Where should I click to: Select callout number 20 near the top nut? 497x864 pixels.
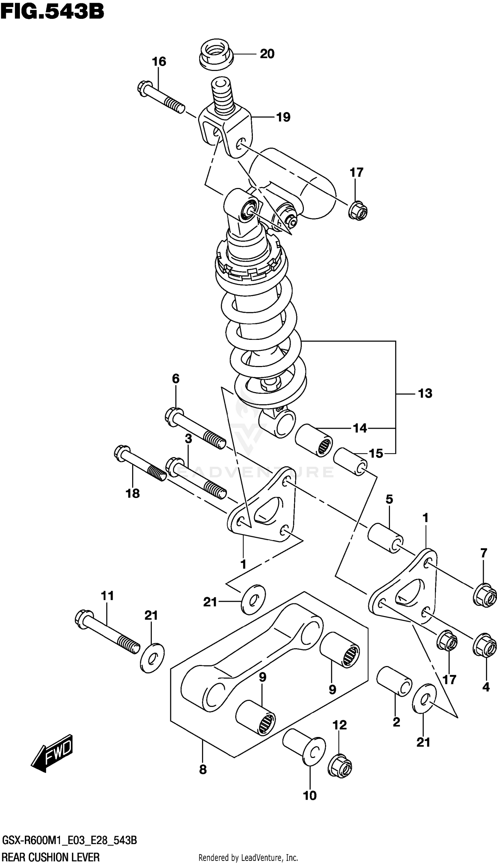(x=267, y=54)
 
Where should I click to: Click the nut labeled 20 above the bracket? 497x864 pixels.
(x=216, y=55)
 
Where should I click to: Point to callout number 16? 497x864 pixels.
(x=159, y=62)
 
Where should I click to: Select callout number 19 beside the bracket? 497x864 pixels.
(x=283, y=117)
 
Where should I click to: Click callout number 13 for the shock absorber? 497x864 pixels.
(x=425, y=394)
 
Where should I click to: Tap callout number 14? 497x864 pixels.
(x=360, y=428)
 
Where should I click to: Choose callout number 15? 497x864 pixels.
(x=376, y=454)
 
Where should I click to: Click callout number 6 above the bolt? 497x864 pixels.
(x=176, y=378)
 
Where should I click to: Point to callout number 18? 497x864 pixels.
(x=133, y=493)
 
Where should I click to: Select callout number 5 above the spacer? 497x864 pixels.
(x=389, y=499)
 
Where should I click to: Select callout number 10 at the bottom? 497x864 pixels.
(x=309, y=796)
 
